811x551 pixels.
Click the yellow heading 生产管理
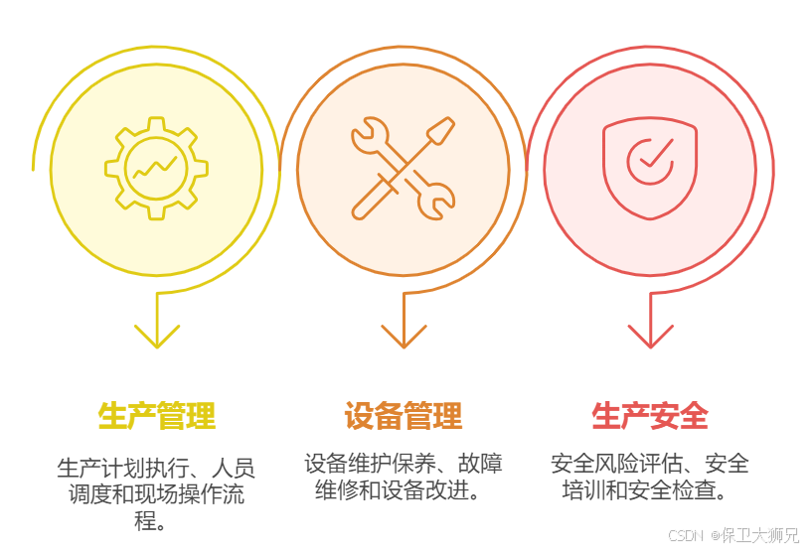tap(157, 415)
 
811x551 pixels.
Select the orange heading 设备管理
tap(404, 415)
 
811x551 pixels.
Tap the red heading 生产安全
tap(650, 415)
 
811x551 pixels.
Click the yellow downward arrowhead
tap(157, 336)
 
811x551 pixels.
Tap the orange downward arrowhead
tap(404, 336)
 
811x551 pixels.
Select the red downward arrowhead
tap(650, 336)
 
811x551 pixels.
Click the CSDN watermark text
tap(686, 536)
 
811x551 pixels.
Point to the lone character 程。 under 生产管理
tap(150, 520)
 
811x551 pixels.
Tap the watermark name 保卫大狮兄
tap(760, 536)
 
